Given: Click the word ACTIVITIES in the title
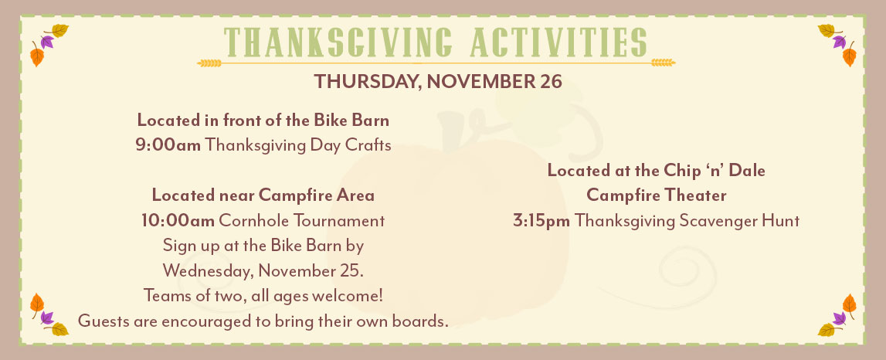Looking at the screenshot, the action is pyautogui.click(x=558, y=42).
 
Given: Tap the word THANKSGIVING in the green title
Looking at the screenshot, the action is pyautogui.click(x=338, y=42).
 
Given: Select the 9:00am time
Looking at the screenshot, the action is pyautogui.click(x=168, y=145).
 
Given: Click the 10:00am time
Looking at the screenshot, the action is pyautogui.click(x=178, y=220).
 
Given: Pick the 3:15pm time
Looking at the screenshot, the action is pyautogui.click(x=541, y=221).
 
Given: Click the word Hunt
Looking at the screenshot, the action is pyautogui.click(x=782, y=220).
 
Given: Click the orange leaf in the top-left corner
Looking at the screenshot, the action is pyautogui.click(x=37, y=56).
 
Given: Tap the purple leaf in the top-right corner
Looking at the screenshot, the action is pyautogui.click(x=839, y=41).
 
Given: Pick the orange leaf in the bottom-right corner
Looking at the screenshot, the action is pyautogui.click(x=849, y=304).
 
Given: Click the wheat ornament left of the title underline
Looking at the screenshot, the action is pyautogui.click(x=209, y=63).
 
